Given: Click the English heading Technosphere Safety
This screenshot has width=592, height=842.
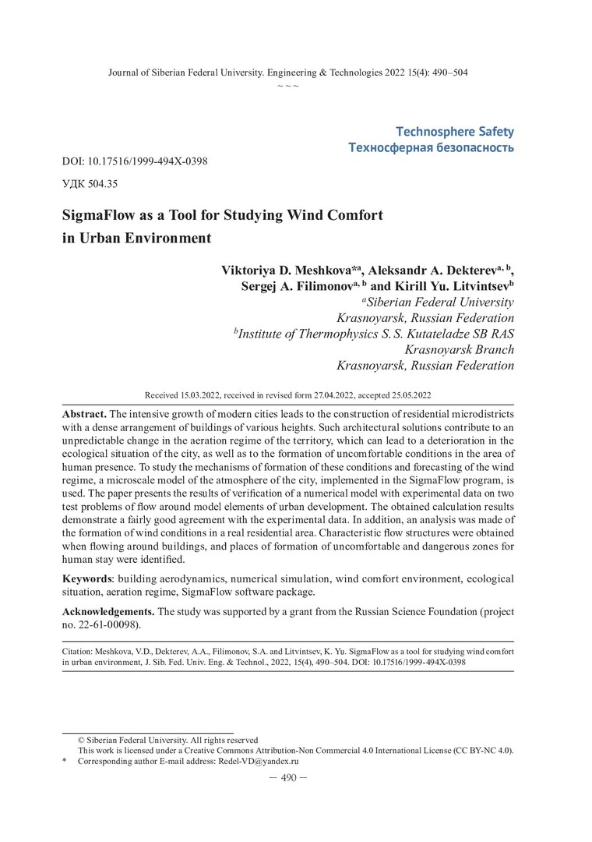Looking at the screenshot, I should (x=455, y=132).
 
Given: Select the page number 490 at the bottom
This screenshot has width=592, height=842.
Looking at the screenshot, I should (x=288, y=777).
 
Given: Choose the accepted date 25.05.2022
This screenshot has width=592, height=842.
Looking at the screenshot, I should (x=407, y=395).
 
